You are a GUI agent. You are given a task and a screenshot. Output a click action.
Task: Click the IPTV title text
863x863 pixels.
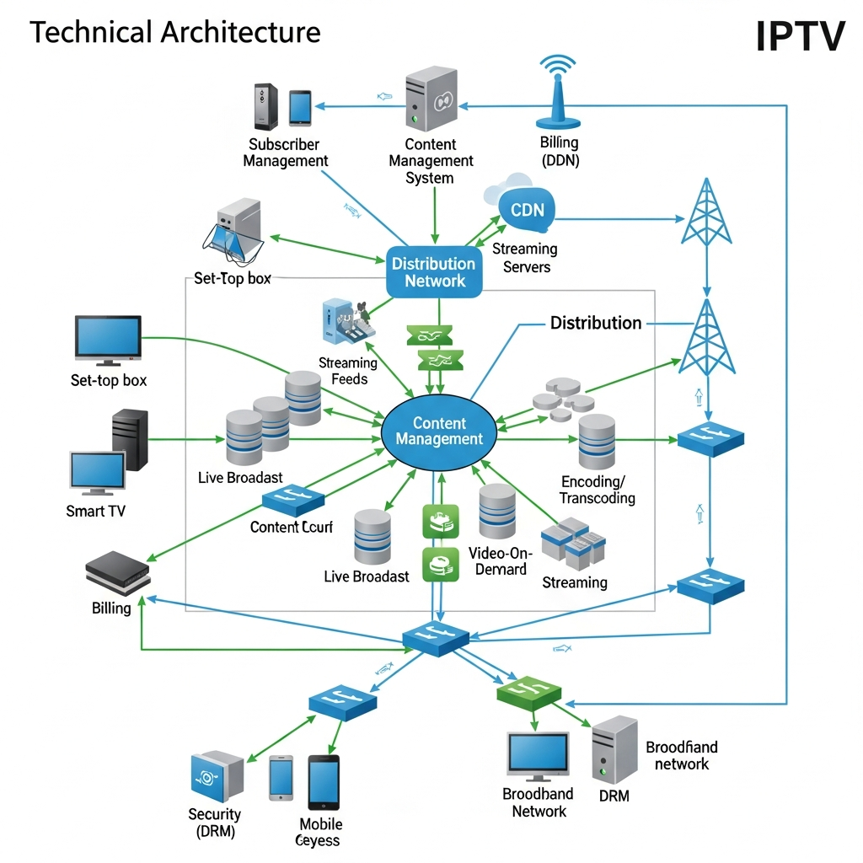[800, 35]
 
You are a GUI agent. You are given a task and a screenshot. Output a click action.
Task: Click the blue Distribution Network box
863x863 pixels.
[434, 272]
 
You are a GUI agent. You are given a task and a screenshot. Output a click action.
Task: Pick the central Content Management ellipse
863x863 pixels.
[438, 431]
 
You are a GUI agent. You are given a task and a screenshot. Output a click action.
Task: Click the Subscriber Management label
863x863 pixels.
[285, 153]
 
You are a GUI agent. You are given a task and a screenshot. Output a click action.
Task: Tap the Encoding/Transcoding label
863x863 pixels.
[598, 490]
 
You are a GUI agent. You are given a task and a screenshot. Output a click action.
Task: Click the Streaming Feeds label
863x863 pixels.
[349, 371]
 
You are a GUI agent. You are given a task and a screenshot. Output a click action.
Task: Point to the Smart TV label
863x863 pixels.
[96, 511]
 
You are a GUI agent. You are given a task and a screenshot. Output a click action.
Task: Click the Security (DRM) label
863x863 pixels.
[214, 823]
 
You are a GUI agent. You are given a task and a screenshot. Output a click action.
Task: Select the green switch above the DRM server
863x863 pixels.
[528, 692]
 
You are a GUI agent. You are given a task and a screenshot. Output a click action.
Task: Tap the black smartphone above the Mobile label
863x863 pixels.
[323, 782]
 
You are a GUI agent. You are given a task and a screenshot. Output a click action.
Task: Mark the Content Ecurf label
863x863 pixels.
[292, 527]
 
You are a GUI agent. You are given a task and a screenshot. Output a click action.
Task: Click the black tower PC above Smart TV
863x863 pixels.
[130, 439]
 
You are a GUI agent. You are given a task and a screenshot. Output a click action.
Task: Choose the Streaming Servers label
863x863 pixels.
[525, 258]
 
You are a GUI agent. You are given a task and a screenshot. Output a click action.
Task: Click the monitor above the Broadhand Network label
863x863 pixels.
[537, 755]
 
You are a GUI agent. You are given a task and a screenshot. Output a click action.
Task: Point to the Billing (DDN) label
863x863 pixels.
[560, 152]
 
